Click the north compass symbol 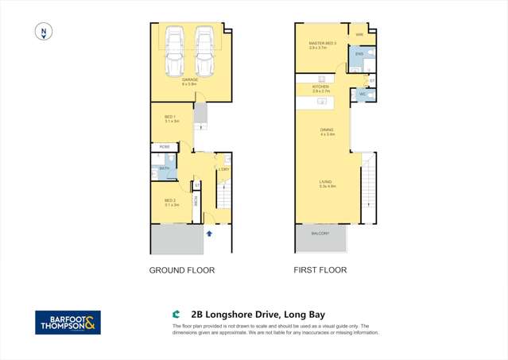(x=45, y=33)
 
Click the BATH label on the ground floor (x=164, y=168)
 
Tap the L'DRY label (x=224, y=169)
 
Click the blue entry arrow (x=209, y=233)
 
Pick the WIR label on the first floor (x=359, y=35)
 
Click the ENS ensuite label (x=359, y=54)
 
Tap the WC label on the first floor (x=363, y=95)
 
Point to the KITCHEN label (x=320, y=87)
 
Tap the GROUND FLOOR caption (x=182, y=270)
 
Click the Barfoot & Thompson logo (x=68, y=322)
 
